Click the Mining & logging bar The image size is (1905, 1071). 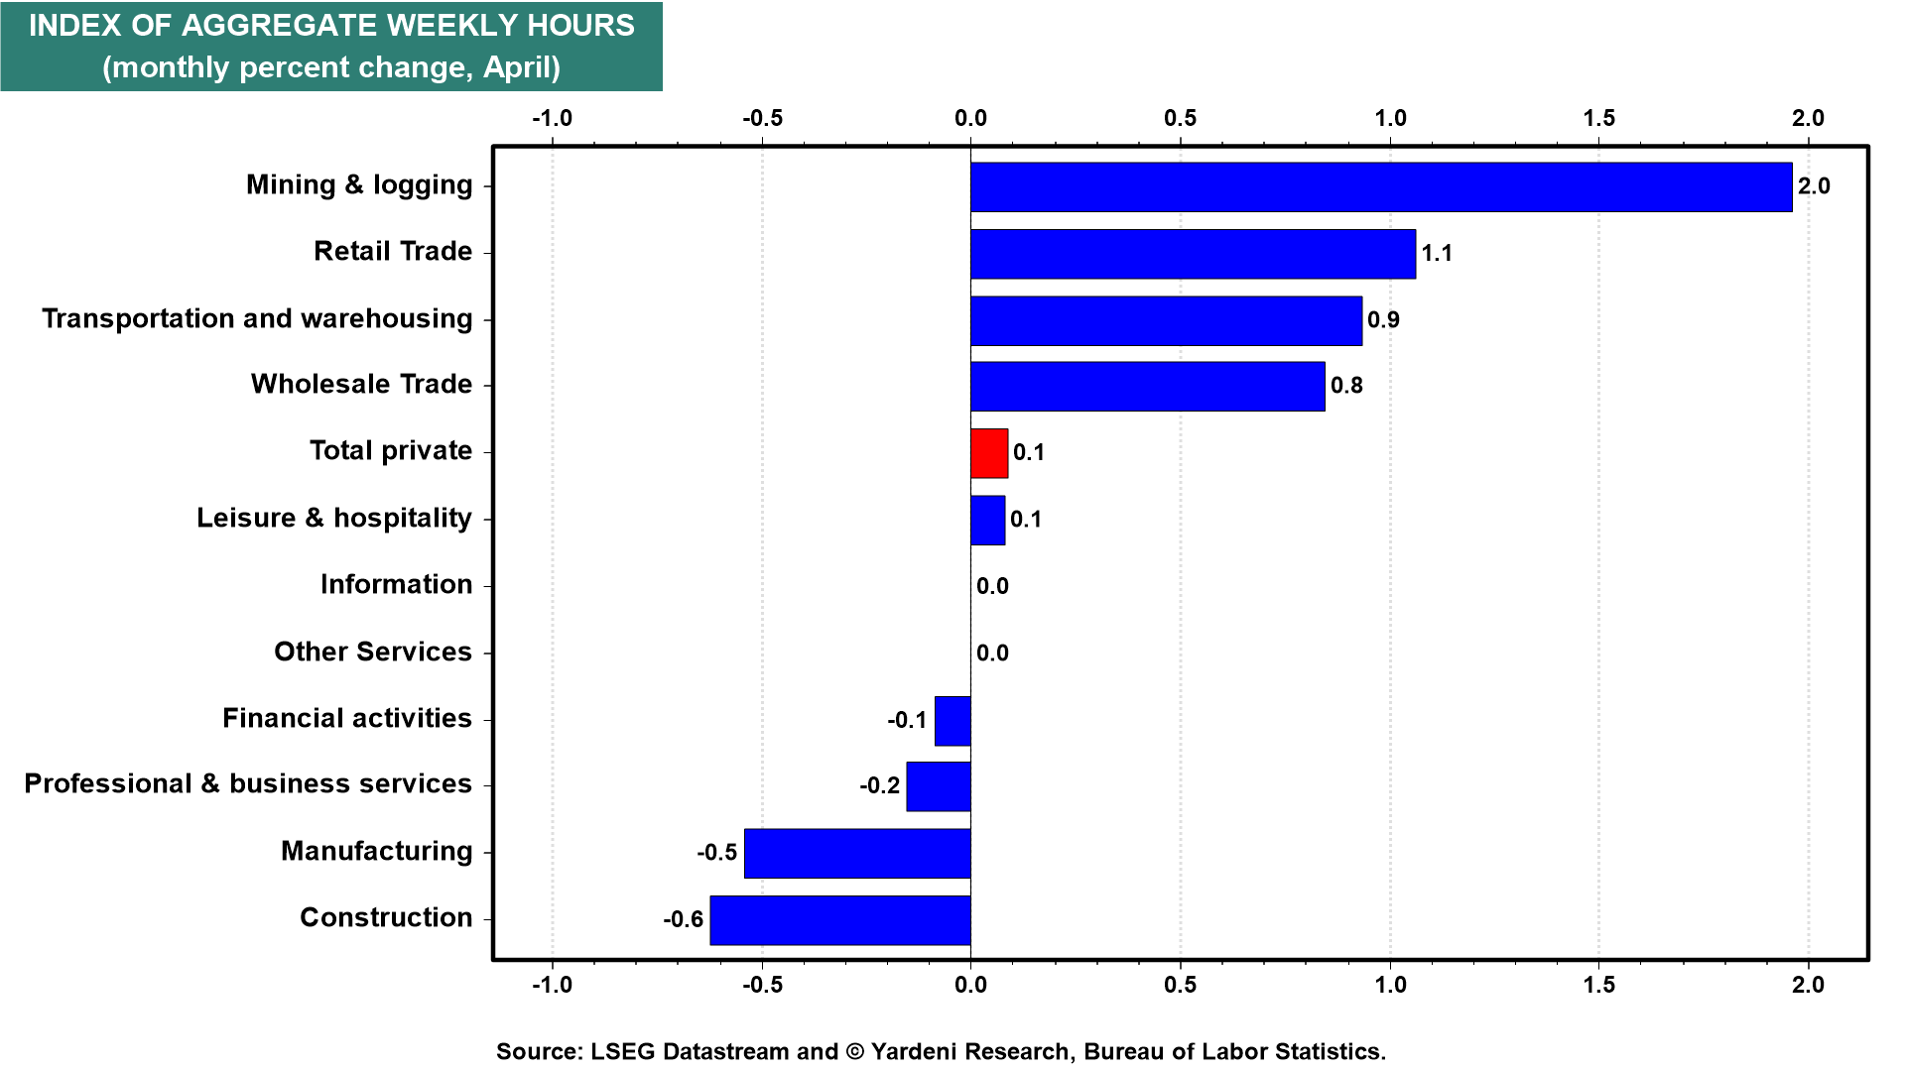pos(1381,187)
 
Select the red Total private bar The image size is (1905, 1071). pos(989,453)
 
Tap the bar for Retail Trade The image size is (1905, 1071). pos(1193,254)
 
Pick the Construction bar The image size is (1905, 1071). pos(840,920)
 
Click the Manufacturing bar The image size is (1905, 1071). pos(857,854)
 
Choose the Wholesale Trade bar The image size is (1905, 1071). pos(1148,386)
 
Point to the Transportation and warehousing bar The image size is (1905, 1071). pos(1166,320)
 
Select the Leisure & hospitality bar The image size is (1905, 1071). pos(987,521)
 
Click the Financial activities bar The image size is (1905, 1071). pos(952,721)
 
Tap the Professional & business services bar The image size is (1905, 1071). pos(939,786)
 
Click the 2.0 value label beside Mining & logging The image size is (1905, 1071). pos(1814,186)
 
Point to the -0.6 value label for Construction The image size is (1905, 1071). pos(684,919)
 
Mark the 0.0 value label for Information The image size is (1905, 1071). pos(992,586)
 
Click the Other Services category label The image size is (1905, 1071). pos(373,652)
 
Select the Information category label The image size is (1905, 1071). pos(396,584)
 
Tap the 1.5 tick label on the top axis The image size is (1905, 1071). pos(1599,118)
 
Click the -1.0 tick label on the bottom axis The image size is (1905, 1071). pos(553,985)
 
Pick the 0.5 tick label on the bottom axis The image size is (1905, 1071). pos(1181,985)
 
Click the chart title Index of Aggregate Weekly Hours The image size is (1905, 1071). pos(331,26)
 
